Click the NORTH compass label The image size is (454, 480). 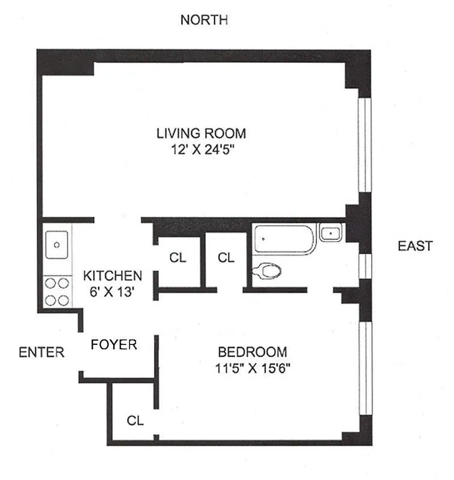(x=204, y=20)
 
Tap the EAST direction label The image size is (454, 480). (x=415, y=246)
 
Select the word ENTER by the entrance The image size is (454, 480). (x=41, y=352)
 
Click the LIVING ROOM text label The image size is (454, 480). (x=202, y=133)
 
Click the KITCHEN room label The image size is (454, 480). (x=113, y=276)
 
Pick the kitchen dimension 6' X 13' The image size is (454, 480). (x=113, y=293)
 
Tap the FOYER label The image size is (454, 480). (x=114, y=345)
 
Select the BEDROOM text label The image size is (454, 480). (x=252, y=352)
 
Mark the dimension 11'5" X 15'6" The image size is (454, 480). (x=252, y=368)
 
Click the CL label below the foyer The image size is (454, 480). (x=136, y=421)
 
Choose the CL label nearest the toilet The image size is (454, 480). (x=226, y=258)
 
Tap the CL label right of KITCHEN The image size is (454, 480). (x=178, y=258)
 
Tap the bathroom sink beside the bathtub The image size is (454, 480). (x=330, y=232)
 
